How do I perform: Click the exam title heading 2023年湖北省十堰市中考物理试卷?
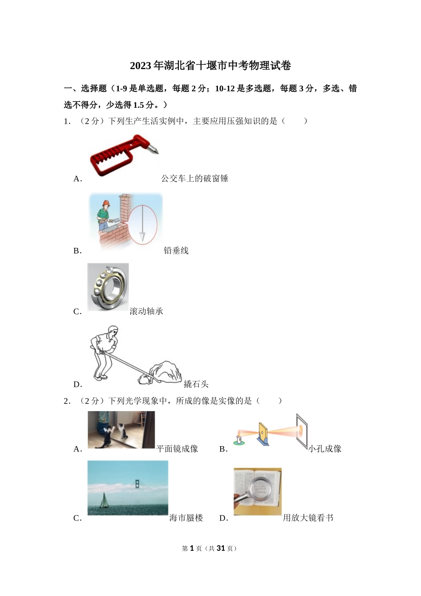point(210,66)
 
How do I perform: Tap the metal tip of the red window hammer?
point(153,149)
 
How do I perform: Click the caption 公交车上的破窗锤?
point(195,178)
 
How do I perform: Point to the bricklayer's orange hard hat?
point(105,203)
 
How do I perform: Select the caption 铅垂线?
point(176,251)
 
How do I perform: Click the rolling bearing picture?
point(108,286)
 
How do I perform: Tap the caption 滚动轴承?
point(146,311)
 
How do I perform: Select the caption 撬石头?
point(196,384)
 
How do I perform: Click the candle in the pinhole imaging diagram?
point(239,439)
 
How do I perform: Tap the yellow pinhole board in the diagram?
point(263,432)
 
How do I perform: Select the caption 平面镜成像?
point(177,449)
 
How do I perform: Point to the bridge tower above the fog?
point(137,484)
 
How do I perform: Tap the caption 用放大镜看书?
point(308,518)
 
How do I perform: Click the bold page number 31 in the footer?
point(221,548)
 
